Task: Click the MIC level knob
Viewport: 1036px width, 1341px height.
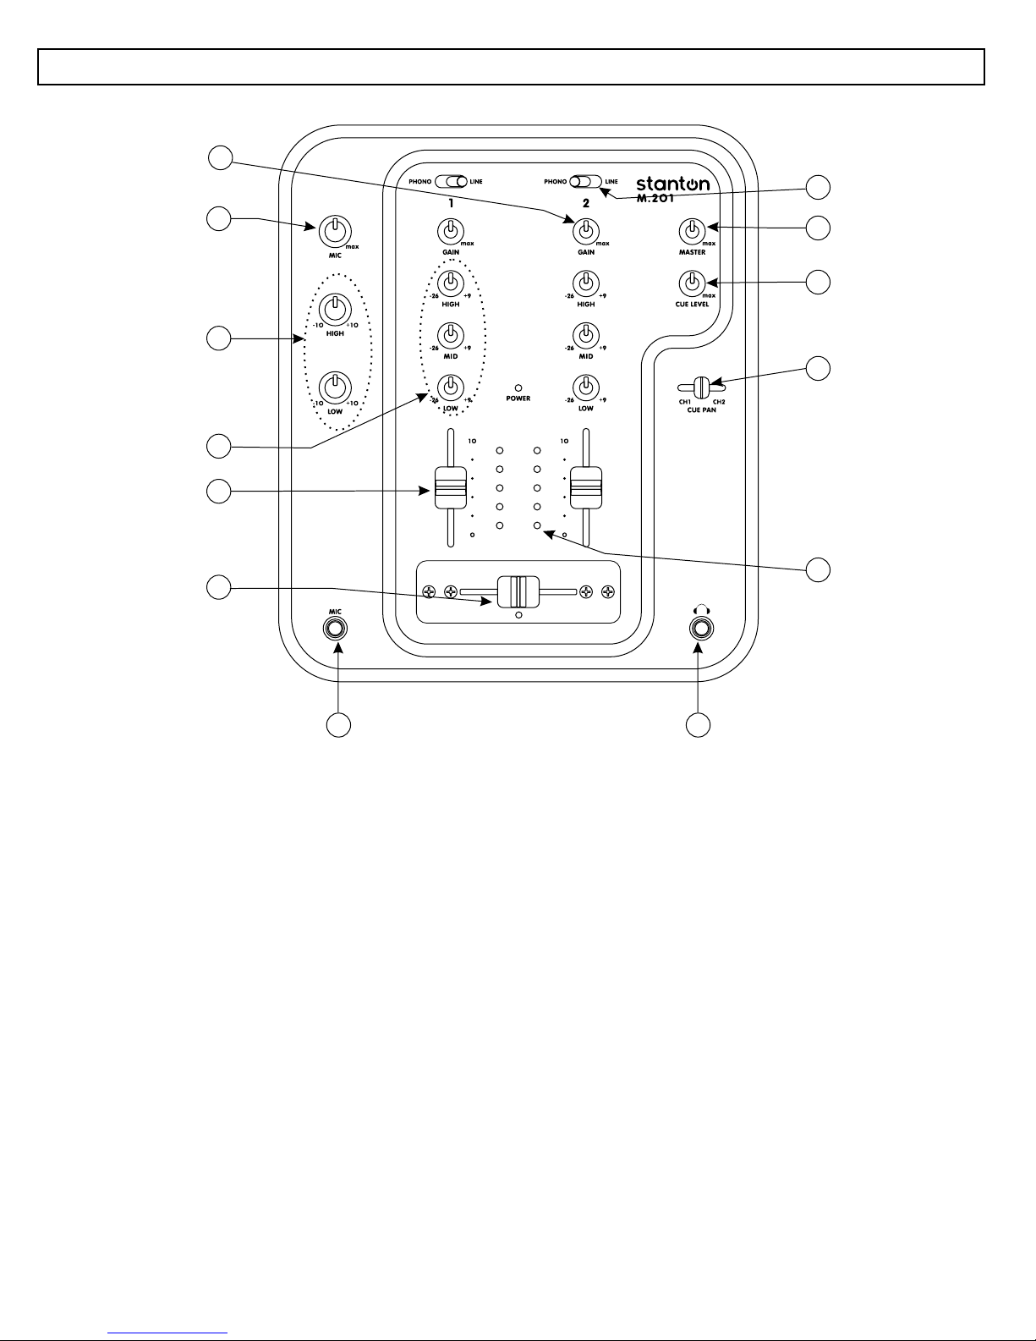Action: [x=335, y=230]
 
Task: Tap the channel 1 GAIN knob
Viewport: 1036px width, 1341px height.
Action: [x=451, y=230]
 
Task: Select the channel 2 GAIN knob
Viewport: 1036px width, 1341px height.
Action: [x=585, y=230]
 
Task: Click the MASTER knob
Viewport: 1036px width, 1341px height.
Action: [x=692, y=230]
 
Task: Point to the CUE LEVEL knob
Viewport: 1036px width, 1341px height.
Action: [x=692, y=282]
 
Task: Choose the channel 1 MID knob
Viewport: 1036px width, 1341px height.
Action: [x=451, y=334]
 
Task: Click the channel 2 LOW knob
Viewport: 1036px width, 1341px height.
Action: [x=585, y=387]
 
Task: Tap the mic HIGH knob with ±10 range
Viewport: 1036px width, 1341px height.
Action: [x=335, y=308]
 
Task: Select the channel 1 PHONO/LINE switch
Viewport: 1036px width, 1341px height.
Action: [x=451, y=181]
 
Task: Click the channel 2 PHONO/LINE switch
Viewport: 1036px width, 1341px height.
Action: [x=585, y=181]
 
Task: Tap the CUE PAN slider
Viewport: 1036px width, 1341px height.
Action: [x=702, y=388]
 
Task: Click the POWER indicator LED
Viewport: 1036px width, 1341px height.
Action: [x=518, y=387]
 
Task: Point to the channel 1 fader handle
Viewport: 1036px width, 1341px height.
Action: [x=451, y=488]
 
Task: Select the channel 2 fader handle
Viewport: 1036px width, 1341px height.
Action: [x=585, y=488]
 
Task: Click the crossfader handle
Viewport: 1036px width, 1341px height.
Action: [x=518, y=591]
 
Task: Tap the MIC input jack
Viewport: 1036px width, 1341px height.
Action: [x=336, y=629]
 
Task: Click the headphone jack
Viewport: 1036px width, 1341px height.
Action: [x=699, y=629]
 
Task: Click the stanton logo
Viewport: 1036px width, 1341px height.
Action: [x=672, y=184]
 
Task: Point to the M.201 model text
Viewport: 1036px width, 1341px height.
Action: [x=655, y=200]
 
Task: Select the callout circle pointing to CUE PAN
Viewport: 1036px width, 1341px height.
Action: [x=818, y=368]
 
